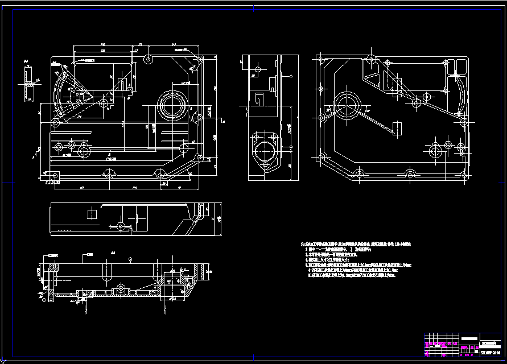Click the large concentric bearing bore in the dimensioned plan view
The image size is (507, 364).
click(171, 104)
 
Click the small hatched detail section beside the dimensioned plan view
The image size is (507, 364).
click(27, 83)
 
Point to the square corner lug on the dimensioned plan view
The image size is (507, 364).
click(53, 177)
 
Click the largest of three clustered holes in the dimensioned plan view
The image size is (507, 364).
click(84, 151)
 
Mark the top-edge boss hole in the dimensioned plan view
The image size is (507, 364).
click(148, 59)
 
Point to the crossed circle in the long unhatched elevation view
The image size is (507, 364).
click(120, 226)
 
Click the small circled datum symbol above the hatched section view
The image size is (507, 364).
click(130, 259)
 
